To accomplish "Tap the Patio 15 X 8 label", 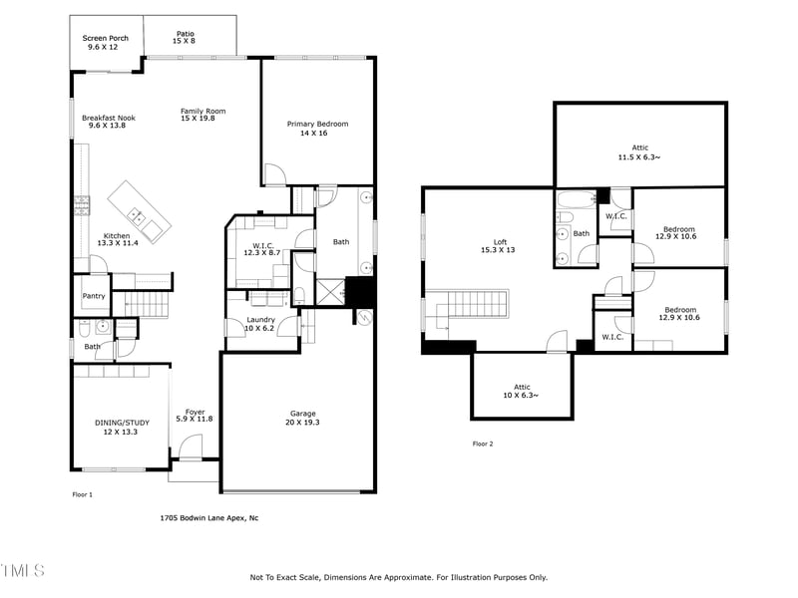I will pos(186,37).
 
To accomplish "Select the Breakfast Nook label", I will pos(108,122).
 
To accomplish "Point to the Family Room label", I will pos(202,115).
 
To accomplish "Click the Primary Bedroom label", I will pos(317,128).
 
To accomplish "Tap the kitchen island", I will pos(139,210).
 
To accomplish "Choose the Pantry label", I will pos(94,296).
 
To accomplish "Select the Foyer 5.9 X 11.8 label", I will pos(194,415).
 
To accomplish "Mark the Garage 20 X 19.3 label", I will pos(302,418).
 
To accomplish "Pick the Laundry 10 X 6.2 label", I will pos(260,324).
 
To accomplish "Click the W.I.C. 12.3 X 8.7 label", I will pos(263,249).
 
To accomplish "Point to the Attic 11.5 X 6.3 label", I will pos(639,151).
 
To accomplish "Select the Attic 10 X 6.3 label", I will pos(522,391).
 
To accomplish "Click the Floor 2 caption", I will pos(483,444).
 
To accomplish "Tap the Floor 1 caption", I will pos(82,494).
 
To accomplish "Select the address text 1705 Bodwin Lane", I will pos(209,518).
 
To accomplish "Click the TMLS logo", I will pos(23,571).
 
